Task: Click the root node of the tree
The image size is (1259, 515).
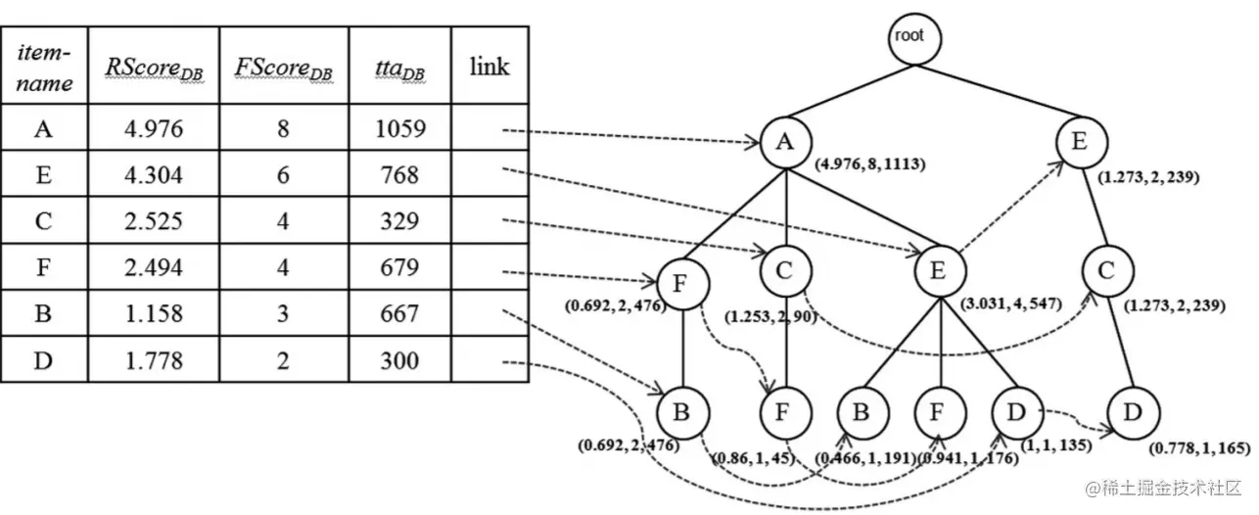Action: [x=908, y=37]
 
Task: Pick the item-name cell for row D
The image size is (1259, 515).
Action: [x=43, y=360]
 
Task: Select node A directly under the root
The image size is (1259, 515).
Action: [x=785, y=142]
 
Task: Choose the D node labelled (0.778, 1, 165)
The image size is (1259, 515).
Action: [x=1133, y=411]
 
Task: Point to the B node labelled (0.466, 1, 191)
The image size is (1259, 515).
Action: [x=861, y=411]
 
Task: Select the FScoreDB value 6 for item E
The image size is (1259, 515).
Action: [x=284, y=175]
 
